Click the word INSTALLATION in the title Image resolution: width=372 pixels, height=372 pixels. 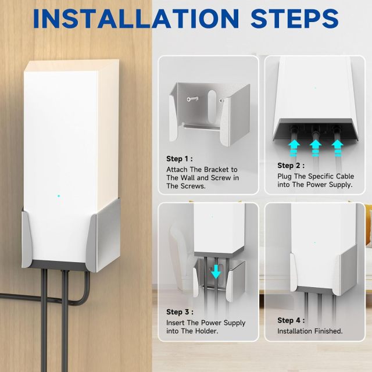coord(136,19)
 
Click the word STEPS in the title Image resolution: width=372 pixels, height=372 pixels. coord(295,19)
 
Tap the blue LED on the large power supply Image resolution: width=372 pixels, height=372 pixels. coord(59,196)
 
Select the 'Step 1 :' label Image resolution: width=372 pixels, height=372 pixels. coord(180,159)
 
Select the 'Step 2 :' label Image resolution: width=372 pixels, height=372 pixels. coord(291,166)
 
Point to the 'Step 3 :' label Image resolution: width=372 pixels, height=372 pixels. coord(180,312)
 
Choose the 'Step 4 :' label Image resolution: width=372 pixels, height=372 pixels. coord(291,320)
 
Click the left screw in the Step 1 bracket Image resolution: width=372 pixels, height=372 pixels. coord(192,99)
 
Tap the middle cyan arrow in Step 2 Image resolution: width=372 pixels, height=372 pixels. coord(316,148)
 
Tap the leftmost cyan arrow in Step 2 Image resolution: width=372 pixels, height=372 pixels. coord(295,148)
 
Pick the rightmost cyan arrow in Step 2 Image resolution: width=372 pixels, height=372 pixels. coord(337,148)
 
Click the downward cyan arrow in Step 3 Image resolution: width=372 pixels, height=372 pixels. coord(216,272)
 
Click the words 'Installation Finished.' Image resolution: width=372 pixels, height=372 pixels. coord(310,331)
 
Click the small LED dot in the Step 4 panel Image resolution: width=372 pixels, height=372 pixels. coord(315,243)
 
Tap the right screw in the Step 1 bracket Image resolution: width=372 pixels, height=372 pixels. coord(222,101)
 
